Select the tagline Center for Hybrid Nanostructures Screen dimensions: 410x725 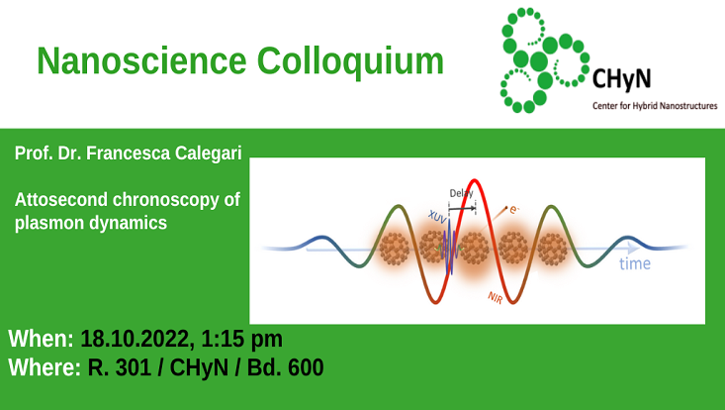[653, 105]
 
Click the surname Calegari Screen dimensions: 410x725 [203, 154]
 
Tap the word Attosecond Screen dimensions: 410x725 [60, 200]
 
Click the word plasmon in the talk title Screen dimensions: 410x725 [50, 223]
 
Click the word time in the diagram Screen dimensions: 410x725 [635, 263]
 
